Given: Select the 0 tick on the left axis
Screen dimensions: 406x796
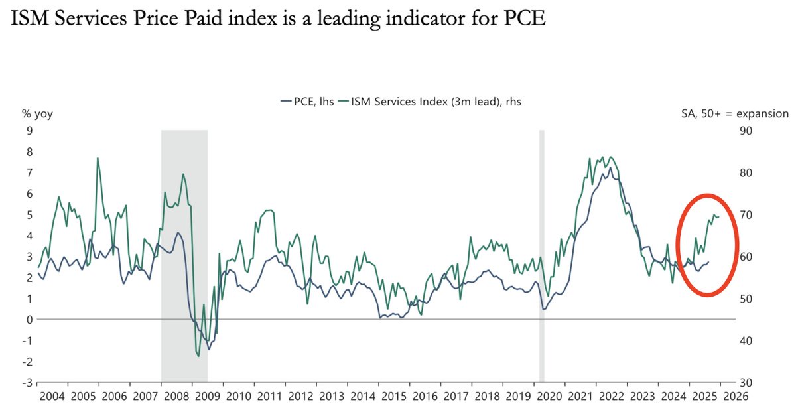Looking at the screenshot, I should coord(29,320).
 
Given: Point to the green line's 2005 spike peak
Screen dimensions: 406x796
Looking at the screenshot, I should coord(98,158).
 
